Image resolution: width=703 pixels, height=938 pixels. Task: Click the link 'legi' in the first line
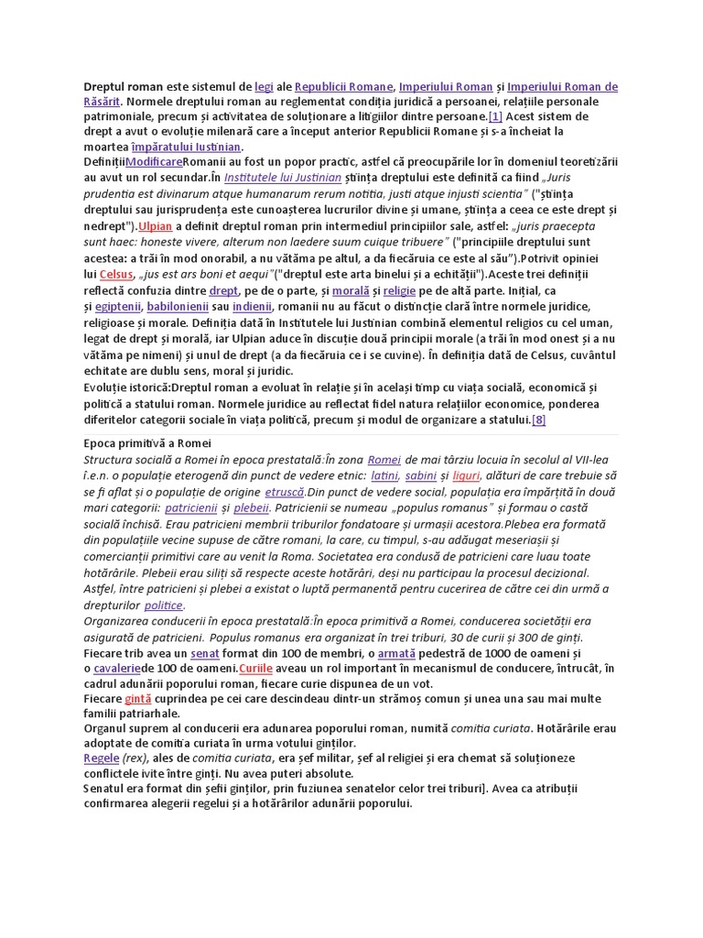pos(264,87)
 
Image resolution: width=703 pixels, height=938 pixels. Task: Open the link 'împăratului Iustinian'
pos(186,147)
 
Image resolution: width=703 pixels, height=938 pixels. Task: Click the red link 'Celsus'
pos(116,274)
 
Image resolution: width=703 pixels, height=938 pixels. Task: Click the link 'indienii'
pos(252,305)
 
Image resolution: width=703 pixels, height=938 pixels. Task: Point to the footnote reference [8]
pos(539,420)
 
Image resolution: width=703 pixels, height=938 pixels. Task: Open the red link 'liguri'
pos(466,475)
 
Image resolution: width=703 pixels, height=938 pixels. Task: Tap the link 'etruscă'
pos(284,491)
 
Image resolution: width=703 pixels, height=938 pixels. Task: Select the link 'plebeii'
pos(252,507)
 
